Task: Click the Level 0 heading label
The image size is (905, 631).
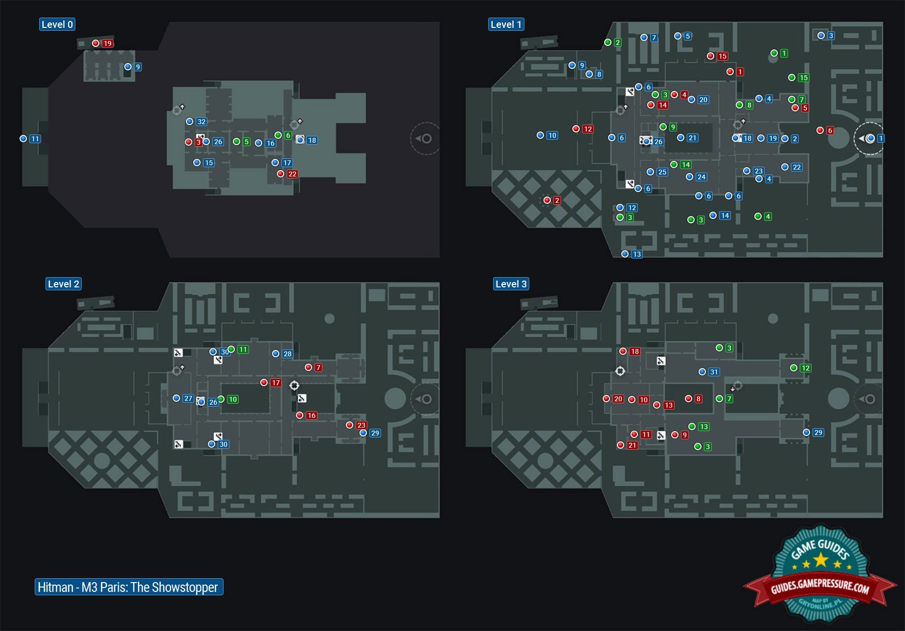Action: tap(57, 24)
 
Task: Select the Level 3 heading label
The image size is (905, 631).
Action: tap(511, 284)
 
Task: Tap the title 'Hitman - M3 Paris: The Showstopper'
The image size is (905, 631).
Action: tap(129, 587)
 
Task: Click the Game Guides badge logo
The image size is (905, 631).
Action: tap(820, 575)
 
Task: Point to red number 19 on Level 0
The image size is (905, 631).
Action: tap(107, 44)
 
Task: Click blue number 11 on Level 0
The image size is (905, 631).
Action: tap(35, 139)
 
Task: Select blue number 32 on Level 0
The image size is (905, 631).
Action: tap(201, 122)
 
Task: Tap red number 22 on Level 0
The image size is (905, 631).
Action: tap(292, 174)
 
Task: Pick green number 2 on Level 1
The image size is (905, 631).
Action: tap(617, 43)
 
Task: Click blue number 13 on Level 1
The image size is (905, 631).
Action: tap(636, 254)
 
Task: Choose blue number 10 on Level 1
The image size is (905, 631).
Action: tap(552, 135)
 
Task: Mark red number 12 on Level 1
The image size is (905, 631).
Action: tap(588, 129)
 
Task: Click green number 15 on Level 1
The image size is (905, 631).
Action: tap(803, 78)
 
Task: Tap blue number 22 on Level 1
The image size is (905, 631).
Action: tap(796, 167)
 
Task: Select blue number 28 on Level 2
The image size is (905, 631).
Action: tap(287, 354)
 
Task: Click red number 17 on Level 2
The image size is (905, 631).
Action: tap(276, 383)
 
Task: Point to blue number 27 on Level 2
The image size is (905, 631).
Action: tap(188, 398)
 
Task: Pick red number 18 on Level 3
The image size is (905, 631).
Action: tap(634, 351)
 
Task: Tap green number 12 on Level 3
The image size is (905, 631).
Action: tap(805, 368)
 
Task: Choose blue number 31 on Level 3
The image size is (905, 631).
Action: tap(714, 372)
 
